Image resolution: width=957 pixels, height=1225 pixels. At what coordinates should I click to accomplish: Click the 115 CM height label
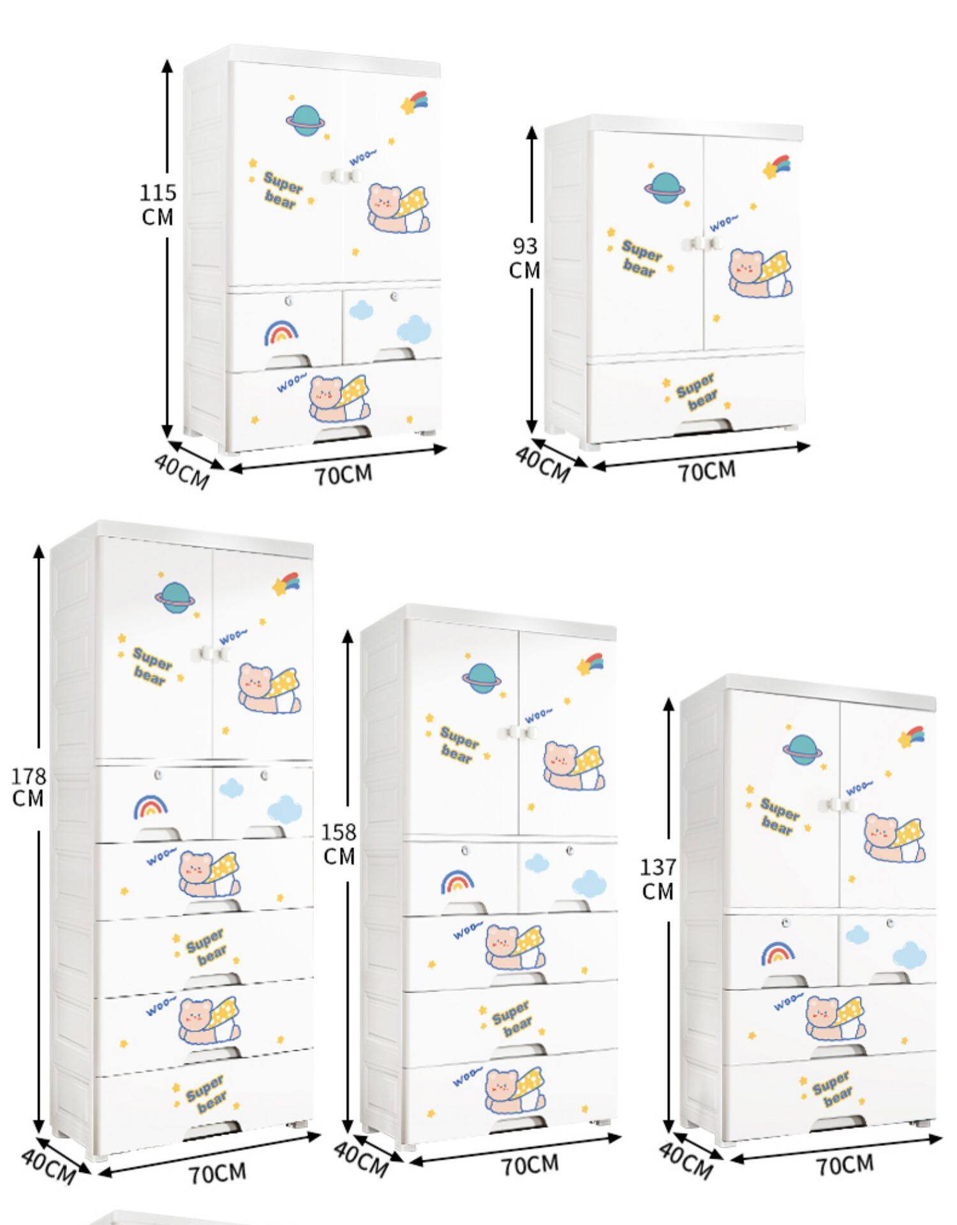158,205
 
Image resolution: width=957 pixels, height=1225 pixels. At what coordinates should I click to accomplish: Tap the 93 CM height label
524,258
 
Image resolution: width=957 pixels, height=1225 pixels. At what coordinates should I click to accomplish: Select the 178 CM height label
28,787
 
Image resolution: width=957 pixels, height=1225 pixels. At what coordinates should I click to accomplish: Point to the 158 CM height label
338,844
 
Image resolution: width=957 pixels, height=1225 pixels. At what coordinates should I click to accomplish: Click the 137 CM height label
658,879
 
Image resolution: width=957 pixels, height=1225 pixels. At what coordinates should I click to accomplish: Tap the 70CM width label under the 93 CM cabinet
706,471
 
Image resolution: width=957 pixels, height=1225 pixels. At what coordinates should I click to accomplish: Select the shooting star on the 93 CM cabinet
776,167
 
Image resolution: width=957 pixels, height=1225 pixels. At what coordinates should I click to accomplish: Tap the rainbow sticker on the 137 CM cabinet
778,954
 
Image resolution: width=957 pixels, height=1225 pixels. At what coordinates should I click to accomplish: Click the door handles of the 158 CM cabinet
518,733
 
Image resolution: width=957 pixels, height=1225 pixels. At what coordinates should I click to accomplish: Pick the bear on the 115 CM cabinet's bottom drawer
332,399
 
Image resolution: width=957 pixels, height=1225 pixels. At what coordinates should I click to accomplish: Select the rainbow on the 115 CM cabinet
281,333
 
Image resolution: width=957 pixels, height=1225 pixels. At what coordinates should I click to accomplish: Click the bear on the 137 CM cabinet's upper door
893,837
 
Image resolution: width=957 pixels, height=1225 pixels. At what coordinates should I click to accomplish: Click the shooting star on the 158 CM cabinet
591,663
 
